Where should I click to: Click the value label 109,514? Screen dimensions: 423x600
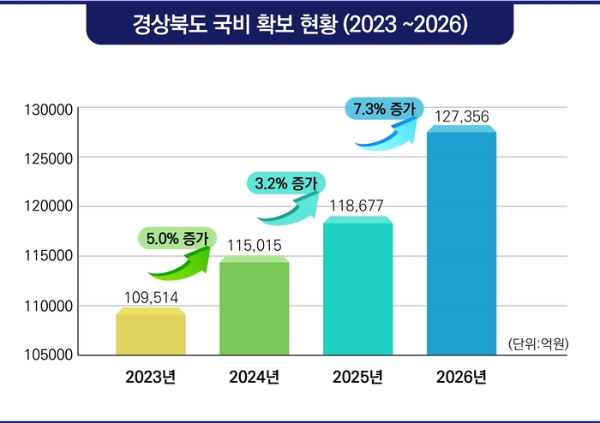tap(151, 297)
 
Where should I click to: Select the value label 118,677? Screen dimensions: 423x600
tap(357, 206)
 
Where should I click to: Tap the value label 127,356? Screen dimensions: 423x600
tap(461, 115)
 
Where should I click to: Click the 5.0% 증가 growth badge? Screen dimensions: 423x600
tap(171, 239)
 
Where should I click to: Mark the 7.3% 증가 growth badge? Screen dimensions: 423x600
tap(383, 109)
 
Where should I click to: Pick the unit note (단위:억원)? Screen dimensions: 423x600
tap(538, 344)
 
